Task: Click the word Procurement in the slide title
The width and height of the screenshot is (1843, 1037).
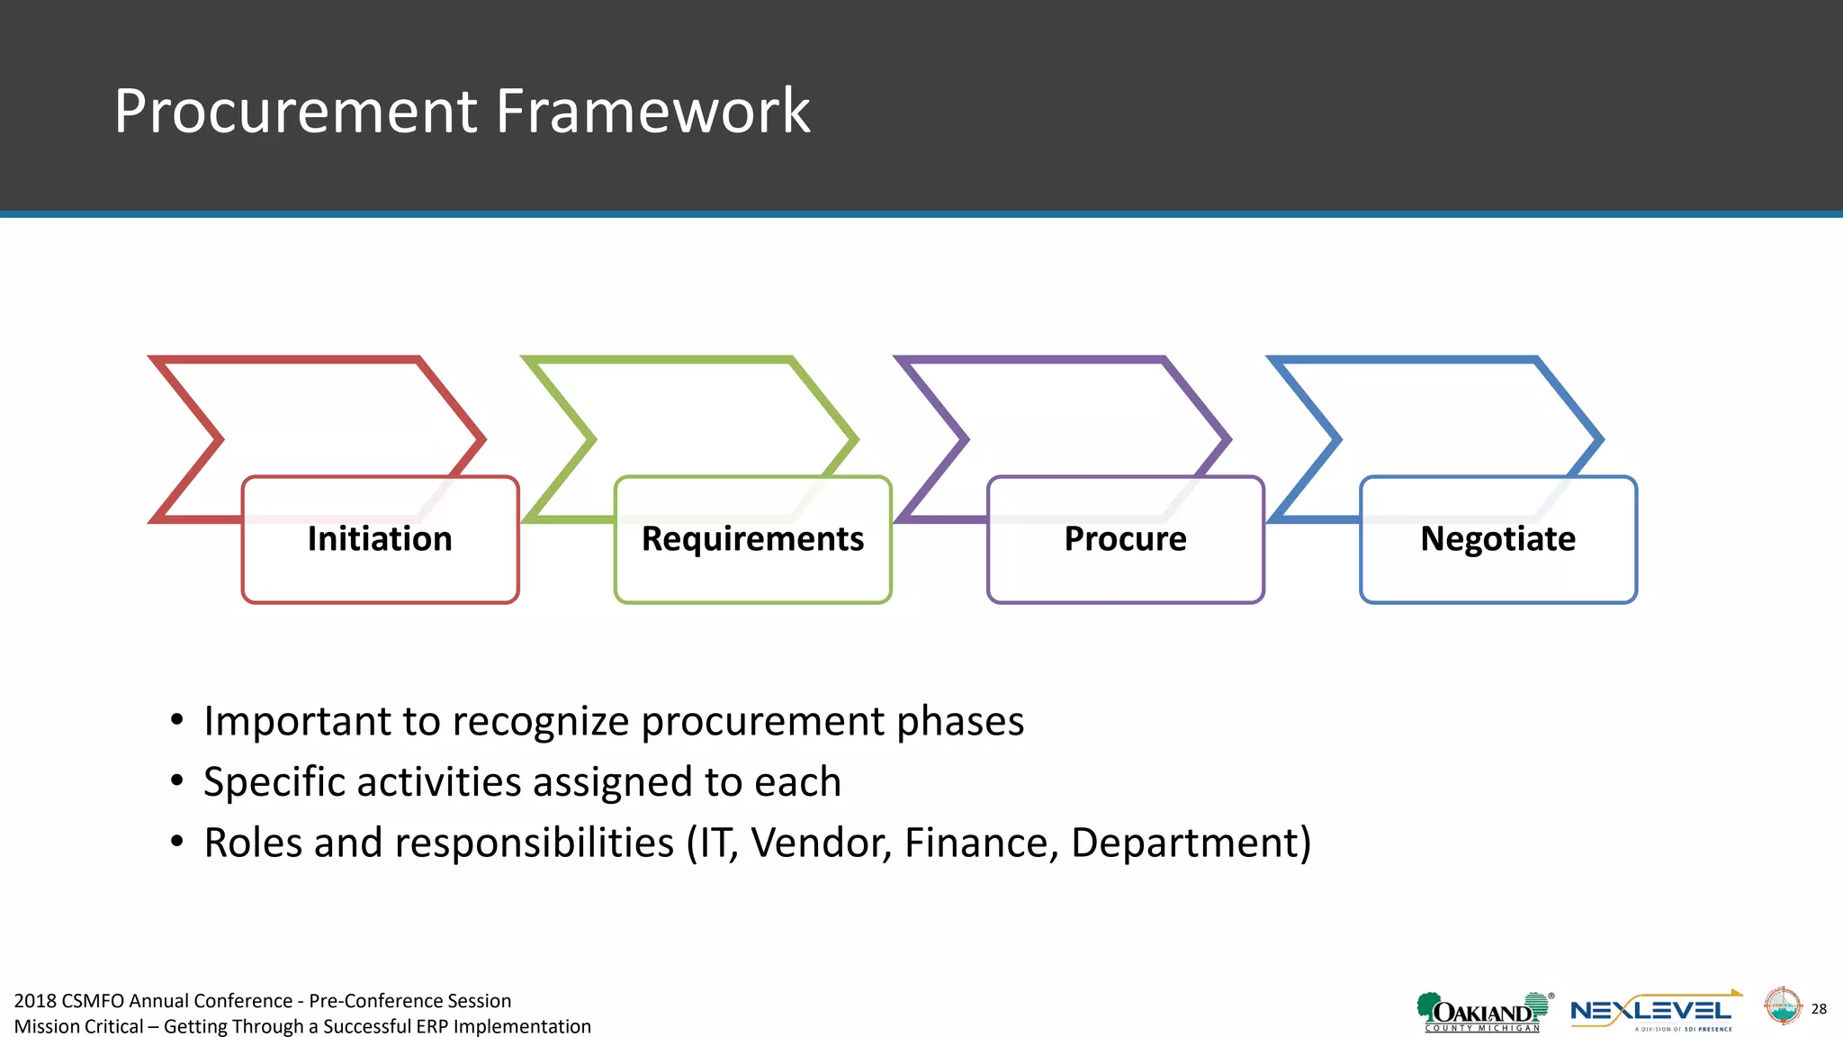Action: point(295,112)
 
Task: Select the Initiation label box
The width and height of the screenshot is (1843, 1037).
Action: point(380,539)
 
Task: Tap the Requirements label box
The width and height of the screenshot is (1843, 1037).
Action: point(752,539)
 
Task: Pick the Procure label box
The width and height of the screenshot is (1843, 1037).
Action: point(1125,539)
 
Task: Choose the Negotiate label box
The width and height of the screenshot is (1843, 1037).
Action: point(1497,539)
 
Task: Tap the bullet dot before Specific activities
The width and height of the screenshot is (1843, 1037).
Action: point(177,780)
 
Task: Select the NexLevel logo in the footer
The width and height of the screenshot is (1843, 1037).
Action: point(1653,1012)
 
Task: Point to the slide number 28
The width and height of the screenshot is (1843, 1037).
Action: point(1819,1009)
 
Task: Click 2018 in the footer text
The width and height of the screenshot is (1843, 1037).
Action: point(34,1001)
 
